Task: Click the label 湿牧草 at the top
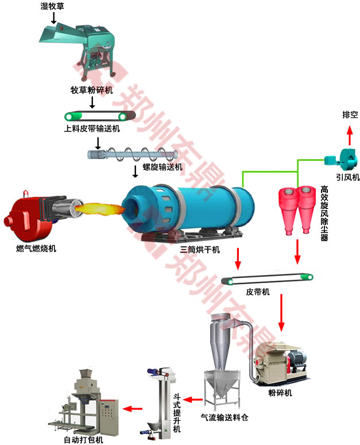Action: click(x=53, y=6)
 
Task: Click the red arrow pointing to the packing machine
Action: click(x=133, y=409)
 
